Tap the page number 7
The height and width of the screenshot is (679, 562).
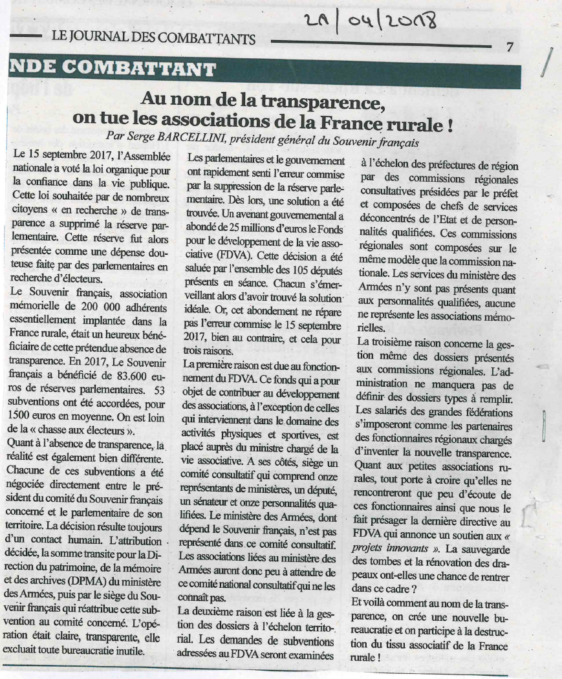(x=510, y=47)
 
